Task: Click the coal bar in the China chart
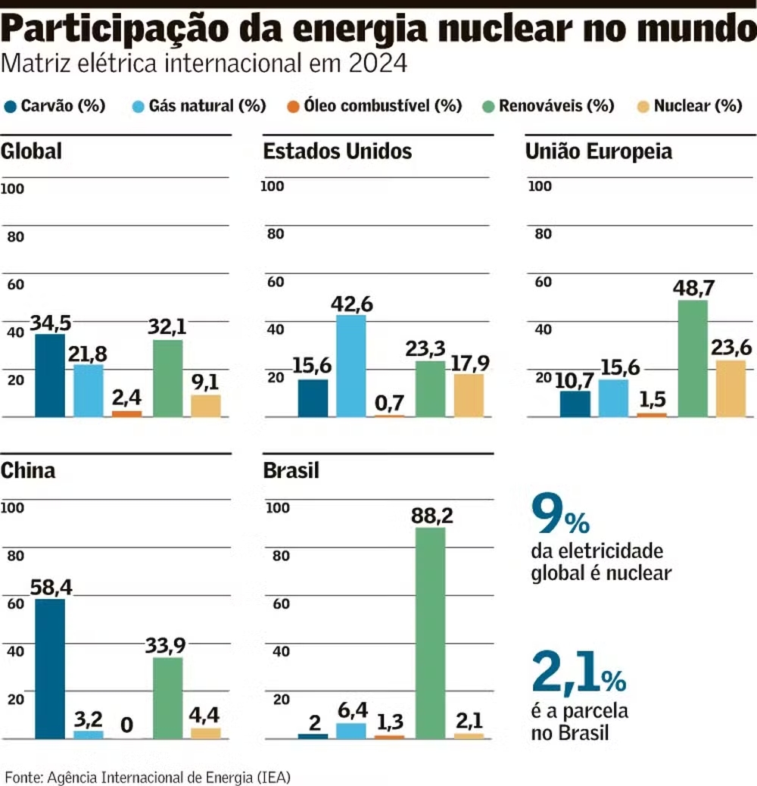click(50, 669)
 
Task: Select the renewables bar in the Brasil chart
click(431, 633)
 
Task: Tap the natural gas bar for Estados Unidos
click(351, 366)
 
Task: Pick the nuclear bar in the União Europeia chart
click(731, 388)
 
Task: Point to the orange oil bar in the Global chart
click(126, 413)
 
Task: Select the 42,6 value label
click(351, 304)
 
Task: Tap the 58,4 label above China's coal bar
click(51, 586)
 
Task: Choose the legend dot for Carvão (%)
click(11, 106)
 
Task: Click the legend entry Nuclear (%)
click(697, 106)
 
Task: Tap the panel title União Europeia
click(599, 151)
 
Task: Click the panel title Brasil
click(291, 470)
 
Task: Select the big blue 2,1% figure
click(579, 672)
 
